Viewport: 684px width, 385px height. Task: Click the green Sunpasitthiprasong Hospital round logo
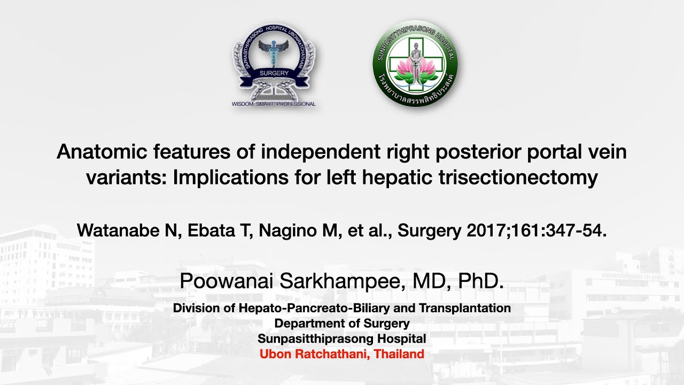point(415,63)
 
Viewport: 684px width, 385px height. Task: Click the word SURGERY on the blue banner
point(274,73)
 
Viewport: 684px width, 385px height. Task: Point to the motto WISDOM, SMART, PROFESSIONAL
point(274,104)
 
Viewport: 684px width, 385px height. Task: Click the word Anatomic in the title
point(98,152)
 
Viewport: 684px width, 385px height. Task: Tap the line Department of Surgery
point(342,324)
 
